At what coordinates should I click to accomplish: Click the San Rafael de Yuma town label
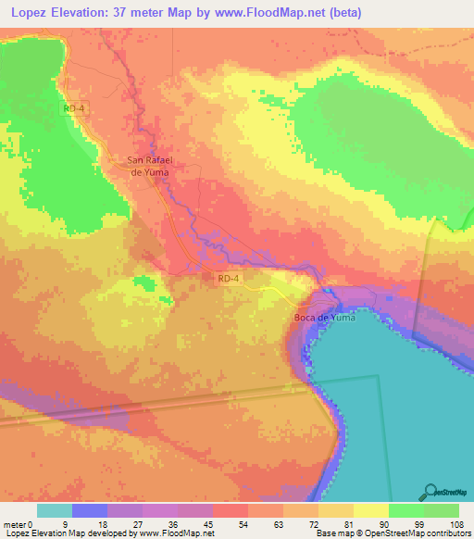(151, 165)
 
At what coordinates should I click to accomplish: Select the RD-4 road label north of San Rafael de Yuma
(73, 108)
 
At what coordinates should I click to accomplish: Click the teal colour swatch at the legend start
(55, 510)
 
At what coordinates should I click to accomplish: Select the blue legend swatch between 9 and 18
(90, 510)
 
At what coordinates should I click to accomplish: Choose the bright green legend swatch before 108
(442, 510)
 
